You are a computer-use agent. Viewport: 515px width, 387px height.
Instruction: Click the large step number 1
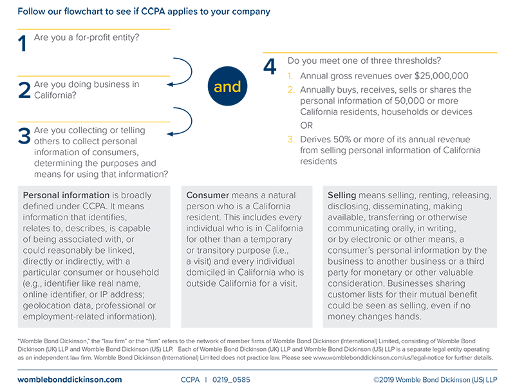pos(22,43)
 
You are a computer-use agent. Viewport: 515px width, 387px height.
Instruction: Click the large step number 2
pos(24,90)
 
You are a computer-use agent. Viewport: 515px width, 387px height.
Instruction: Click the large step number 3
pos(24,136)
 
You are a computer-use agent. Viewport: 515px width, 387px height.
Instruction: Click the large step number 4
pos(270,66)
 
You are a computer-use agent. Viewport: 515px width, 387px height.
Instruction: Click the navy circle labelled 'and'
pos(227,87)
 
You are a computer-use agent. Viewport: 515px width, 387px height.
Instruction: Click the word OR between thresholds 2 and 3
pos(307,126)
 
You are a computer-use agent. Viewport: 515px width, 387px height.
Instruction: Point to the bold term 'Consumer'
pos(207,194)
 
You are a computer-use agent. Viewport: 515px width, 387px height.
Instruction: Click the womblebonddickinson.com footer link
pos(70,380)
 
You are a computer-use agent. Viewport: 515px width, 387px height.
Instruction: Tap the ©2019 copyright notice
pos(435,380)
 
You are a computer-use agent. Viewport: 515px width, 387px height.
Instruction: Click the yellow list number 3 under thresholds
pos(291,140)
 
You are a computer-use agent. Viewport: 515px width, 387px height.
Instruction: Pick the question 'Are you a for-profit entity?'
pos(87,37)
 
